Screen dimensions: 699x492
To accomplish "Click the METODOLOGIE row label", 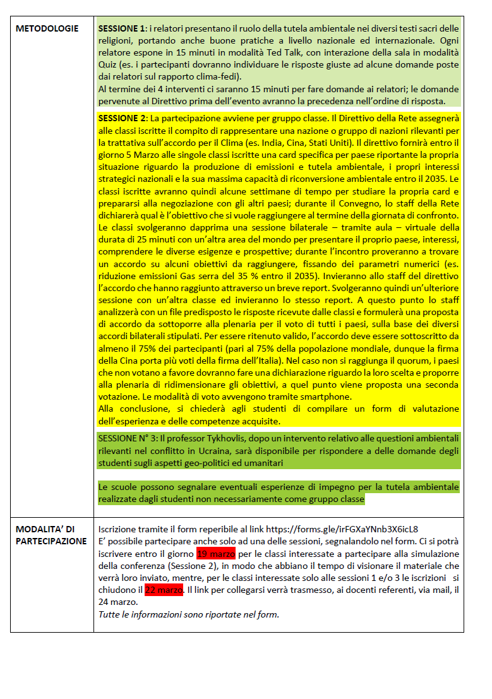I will pyautogui.click(x=47, y=28).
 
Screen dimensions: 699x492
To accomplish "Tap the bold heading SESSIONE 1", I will pyautogui.click(x=122, y=28).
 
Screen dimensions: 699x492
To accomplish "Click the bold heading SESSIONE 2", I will pyautogui.click(x=122, y=119).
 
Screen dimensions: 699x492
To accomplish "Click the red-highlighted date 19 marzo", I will pyautogui.click(x=216, y=554).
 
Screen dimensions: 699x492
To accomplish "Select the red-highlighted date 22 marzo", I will pyautogui.click(x=164, y=590).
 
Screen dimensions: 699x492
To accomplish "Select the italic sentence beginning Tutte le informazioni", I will pyautogui.click(x=189, y=614).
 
